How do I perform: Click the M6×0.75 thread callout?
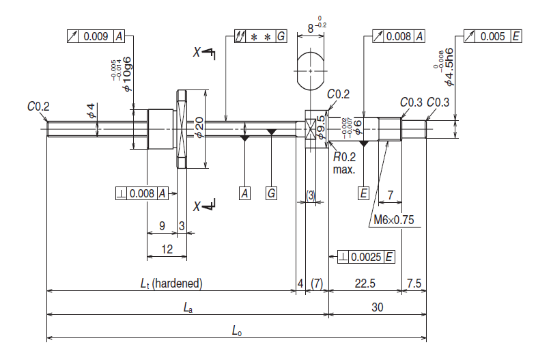pos(395,221)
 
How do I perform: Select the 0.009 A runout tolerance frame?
pos(96,36)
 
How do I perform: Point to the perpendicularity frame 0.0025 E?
pos(367,257)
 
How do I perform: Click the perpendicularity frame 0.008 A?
pos(142,193)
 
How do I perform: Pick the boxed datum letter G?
pos(271,193)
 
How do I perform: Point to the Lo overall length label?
pos(236,331)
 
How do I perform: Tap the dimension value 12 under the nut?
pos(167,250)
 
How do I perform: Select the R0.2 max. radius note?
pos(344,162)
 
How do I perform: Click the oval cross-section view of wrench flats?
pos(311,70)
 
